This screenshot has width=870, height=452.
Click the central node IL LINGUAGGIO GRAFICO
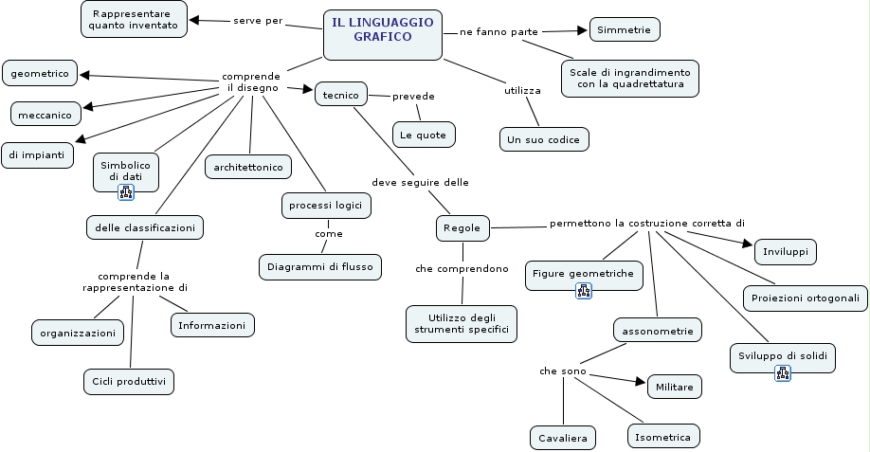click(383, 29)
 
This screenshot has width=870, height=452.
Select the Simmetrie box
click(624, 30)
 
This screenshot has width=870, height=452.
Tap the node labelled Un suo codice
click(545, 139)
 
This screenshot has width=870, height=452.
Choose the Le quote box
click(424, 135)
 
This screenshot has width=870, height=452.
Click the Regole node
click(463, 227)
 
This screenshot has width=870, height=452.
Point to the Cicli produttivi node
click(129, 381)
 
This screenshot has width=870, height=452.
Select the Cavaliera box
click(563, 437)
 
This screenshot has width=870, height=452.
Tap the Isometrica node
click(663, 436)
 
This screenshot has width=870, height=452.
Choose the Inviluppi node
click(786, 251)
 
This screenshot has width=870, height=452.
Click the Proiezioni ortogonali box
click(805, 298)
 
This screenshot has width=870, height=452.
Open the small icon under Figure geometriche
click(584, 291)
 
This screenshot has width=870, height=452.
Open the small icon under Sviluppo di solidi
click(783, 373)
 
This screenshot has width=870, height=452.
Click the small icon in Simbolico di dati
click(126, 192)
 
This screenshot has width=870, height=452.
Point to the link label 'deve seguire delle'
click(420, 182)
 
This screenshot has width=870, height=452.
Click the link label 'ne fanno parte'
click(498, 32)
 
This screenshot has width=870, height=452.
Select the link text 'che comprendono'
click(462, 269)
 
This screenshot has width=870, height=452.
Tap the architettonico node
click(248, 167)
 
